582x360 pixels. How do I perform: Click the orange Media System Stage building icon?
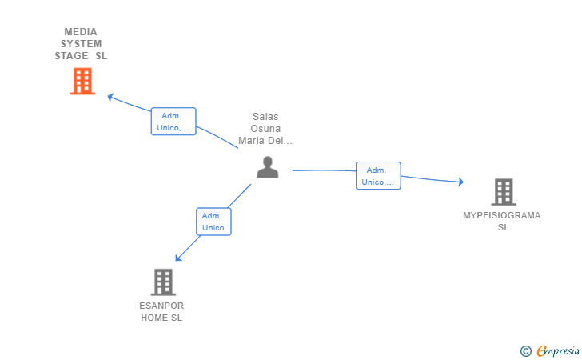tap(82, 81)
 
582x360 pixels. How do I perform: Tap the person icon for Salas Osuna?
tap(267, 167)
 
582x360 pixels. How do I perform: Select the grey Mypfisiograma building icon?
tap(503, 192)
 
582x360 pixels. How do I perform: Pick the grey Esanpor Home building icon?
tap(163, 282)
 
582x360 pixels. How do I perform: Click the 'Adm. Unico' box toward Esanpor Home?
tap(213, 222)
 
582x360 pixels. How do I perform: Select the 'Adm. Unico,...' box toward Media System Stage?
tap(173, 122)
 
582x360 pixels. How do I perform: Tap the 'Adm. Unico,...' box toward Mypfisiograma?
tap(378, 176)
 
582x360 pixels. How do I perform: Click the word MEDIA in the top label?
tap(81, 32)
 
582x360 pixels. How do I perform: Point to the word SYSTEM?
tap(81, 44)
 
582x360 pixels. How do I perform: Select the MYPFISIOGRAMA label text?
tap(502, 215)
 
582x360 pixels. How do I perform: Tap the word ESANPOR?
tap(161, 306)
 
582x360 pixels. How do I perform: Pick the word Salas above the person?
tap(265, 117)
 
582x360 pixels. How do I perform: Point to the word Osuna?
tap(265, 129)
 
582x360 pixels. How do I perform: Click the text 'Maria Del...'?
tap(265, 141)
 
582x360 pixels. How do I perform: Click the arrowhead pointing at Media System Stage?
tap(110, 97)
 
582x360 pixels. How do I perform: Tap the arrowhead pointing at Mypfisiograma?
tap(460, 182)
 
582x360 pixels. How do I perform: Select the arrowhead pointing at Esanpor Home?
tap(178, 258)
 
